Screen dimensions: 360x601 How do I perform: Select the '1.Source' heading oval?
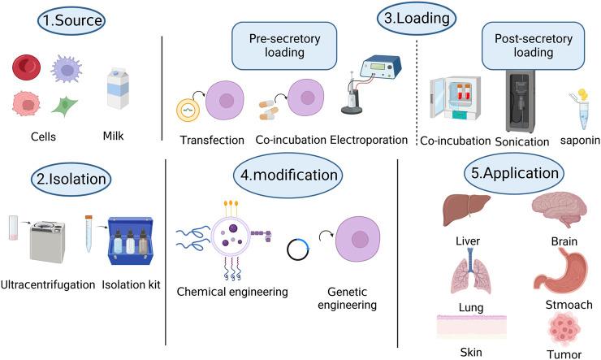(64, 20)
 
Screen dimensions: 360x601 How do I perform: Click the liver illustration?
(465, 209)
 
